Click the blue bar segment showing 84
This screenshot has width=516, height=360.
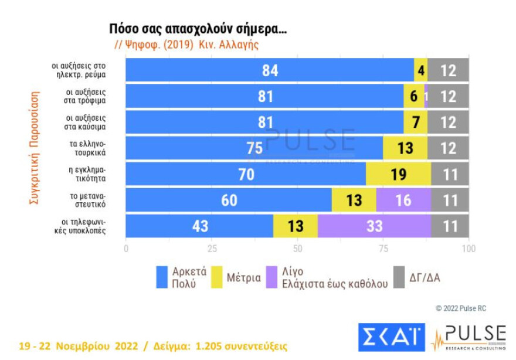click(x=270, y=70)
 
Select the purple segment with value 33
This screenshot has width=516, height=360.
click(x=374, y=226)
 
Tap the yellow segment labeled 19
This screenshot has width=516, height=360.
click(x=398, y=174)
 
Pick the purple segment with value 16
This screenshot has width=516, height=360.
click(x=403, y=200)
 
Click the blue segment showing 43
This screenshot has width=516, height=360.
click(x=199, y=226)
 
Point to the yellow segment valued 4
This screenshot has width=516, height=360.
click(x=420, y=70)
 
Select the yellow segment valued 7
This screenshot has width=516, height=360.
click(x=415, y=122)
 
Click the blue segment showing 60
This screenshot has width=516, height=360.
click(x=229, y=200)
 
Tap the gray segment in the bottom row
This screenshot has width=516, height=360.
click(x=450, y=226)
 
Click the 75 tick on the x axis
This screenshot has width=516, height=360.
click(x=383, y=248)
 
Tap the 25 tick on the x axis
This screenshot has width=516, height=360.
click(x=212, y=248)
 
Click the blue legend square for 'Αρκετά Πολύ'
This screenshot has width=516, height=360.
click(x=162, y=277)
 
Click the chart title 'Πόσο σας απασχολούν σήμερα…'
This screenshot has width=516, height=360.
click(x=198, y=29)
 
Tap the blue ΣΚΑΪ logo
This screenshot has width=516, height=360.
click(x=391, y=337)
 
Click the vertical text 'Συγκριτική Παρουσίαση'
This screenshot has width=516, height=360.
click(x=35, y=147)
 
